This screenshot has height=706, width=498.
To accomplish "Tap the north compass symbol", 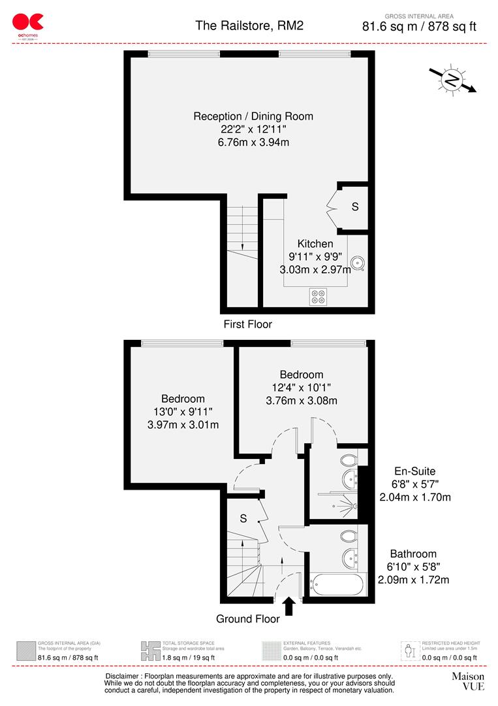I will pyautogui.click(x=452, y=80).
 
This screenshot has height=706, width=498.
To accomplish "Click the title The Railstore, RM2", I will pyautogui.click(x=249, y=25).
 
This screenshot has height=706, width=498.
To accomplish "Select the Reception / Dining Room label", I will pyautogui.click(x=253, y=116).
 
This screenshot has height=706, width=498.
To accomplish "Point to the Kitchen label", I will pyautogui.click(x=315, y=244).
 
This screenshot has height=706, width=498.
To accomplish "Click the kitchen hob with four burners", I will pyautogui.click(x=318, y=297).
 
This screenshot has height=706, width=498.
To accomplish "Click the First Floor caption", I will pyautogui.click(x=247, y=324).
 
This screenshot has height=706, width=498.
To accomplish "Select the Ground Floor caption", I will pyautogui.click(x=249, y=618).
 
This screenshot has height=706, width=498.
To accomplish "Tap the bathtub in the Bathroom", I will pyautogui.click(x=335, y=583).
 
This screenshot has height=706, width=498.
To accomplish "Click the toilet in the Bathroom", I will pyautogui.click(x=350, y=537).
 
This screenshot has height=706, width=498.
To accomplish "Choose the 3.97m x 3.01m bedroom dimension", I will pyautogui.click(x=183, y=425).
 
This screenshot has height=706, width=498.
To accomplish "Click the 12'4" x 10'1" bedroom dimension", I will pyautogui.click(x=301, y=388).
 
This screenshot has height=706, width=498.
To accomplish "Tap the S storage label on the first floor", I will pyautogui.click(x=355, y=207).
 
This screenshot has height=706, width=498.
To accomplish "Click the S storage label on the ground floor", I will pyautogui.click(x=243, y=518).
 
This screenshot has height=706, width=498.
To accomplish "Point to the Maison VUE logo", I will pyautogui.click(x=468, y=681).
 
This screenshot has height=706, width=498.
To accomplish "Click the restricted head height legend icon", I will pyautogui.click(x=409, y=650).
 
